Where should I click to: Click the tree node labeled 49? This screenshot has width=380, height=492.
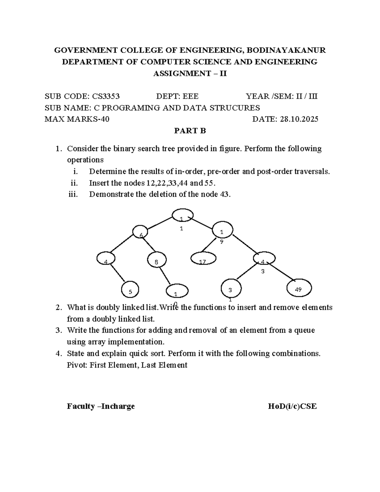[299, 288]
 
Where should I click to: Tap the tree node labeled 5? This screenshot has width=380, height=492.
[130, 290]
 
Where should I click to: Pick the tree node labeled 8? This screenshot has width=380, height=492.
[156, 260]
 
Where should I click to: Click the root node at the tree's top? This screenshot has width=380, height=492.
[183, 215]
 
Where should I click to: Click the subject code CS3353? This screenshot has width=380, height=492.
[105, 96]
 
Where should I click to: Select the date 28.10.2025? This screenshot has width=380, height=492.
[299, 119]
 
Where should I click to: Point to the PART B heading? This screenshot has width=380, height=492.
[190, 131]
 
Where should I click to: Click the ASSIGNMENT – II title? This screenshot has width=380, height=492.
[190, 73]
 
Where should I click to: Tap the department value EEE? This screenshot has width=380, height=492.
[189, 96]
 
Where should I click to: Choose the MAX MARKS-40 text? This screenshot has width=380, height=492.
[77, 119]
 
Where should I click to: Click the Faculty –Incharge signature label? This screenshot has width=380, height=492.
[101, 406]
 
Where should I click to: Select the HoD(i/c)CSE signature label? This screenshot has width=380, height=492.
[292, 406]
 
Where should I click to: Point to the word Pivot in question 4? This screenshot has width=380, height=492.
[77, 365]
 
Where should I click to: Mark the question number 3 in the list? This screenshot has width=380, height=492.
[58, 330]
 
